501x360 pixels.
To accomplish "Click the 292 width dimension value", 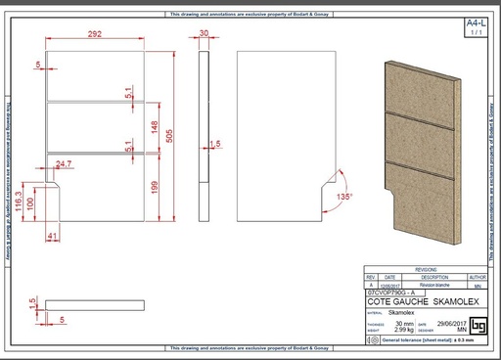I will coord(95,34).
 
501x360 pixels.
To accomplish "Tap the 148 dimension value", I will coord(155,125).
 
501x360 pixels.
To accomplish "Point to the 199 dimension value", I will coord(155,186).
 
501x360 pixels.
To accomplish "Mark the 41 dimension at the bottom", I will coord(52,236).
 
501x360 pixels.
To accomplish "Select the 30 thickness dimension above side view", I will coord(204,33).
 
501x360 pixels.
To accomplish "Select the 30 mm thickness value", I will coord(402,324).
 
